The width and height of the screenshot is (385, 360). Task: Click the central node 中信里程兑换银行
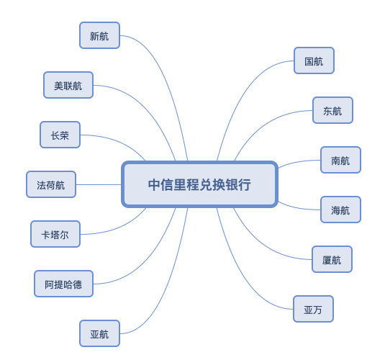click(199, 184)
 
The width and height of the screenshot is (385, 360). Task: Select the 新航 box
click(99, 35)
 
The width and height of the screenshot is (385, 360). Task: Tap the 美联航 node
click(68, 85)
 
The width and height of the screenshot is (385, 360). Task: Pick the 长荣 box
click(60, 135)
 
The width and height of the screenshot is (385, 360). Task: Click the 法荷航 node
click(51, 184)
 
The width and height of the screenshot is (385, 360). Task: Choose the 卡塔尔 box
click(55, 234)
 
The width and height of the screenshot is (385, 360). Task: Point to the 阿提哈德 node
click(63, 284)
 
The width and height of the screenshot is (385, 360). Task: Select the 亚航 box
click(99, 333)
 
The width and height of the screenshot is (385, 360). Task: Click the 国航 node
click(314, 60)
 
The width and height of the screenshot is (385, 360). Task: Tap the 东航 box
click(332, 110)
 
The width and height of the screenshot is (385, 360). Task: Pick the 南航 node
click(340, 160)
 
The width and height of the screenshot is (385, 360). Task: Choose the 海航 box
click(340, 210)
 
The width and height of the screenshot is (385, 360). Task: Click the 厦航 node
click(332, 259)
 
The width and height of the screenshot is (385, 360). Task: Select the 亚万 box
click(313, 309)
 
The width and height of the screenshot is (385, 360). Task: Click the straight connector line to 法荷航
click(99, 184)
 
